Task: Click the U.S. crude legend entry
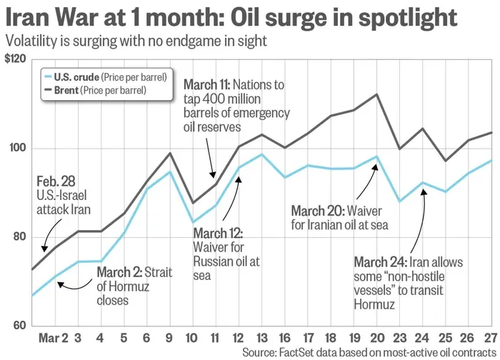[106, 76]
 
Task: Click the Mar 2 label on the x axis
[54, 337]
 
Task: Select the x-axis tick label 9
[170, 337]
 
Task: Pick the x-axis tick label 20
[376, 337]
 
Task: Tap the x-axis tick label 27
[491, 337]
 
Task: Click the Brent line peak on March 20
[376, 94]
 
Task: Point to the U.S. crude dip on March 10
[193, 222]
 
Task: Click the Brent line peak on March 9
[170, 153]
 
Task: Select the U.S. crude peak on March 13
[261, 154]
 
